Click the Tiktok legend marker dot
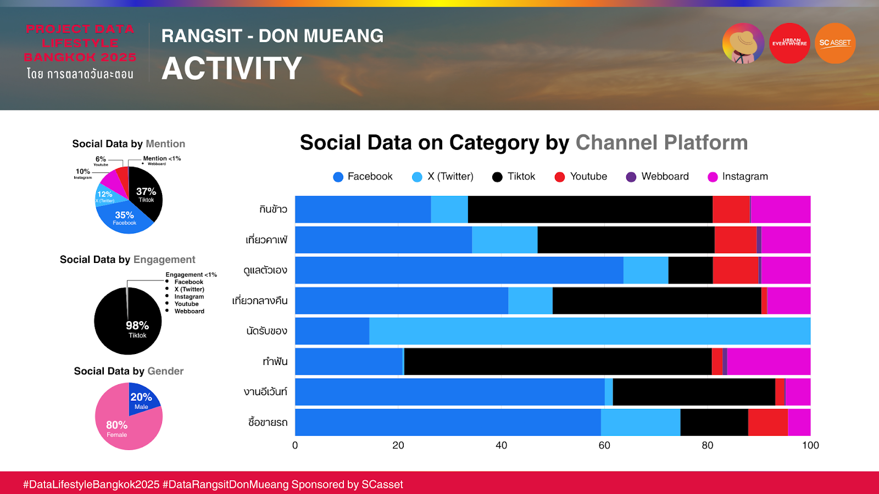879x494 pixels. [497, 177]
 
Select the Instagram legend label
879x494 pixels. [744, 177]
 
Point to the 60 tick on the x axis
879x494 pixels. [604, 445]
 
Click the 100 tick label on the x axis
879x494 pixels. [810, 445]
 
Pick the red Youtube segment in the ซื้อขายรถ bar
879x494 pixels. [767, 422]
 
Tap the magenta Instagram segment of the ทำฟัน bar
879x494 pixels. [769, 361]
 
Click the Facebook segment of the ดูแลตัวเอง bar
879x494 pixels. [459, 270]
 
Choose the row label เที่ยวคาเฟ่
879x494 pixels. [266, 240]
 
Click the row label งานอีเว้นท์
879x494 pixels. [265, 392]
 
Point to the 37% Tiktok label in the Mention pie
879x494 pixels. [146, 194]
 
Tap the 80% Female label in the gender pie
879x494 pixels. [116, 428]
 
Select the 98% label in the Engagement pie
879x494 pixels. [137, 328]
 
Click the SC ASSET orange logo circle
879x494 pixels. [835, 43]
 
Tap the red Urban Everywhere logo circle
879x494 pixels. [789, 43]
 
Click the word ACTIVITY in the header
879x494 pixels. [231, 69]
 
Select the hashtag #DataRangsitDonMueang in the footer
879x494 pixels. [225, 485]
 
